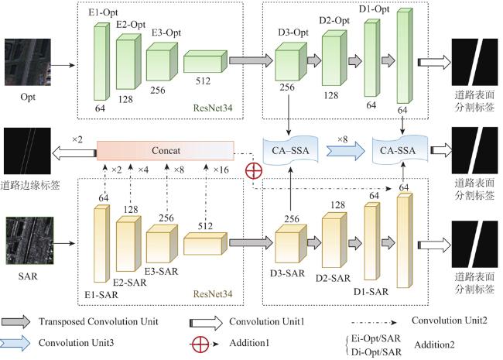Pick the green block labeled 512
pyautogui.click(x=204, y=62)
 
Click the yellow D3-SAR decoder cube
pyautogui.click(x=287, y=242)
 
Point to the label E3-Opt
pyautogui.click(x=166, y=33)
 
